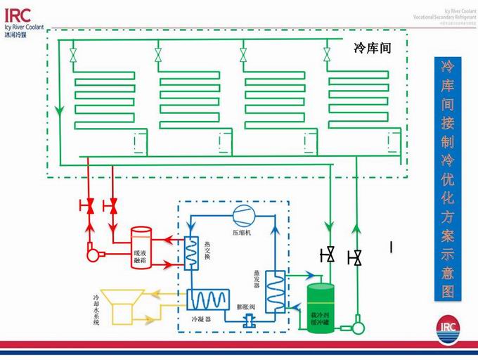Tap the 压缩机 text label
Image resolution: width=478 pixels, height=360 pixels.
pyautogui.click(x=240, y=231)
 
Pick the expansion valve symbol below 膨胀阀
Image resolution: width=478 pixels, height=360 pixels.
pyautogui.click(x=247, y=321)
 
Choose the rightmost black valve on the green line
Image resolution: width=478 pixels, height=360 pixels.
pyautogui.click(x=357, y=258)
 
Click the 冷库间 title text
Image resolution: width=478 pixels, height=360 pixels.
pyautogui.click(x=372, y=50)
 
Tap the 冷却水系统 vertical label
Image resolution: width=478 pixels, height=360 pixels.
pyautogui.click(x=96, y=311)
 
